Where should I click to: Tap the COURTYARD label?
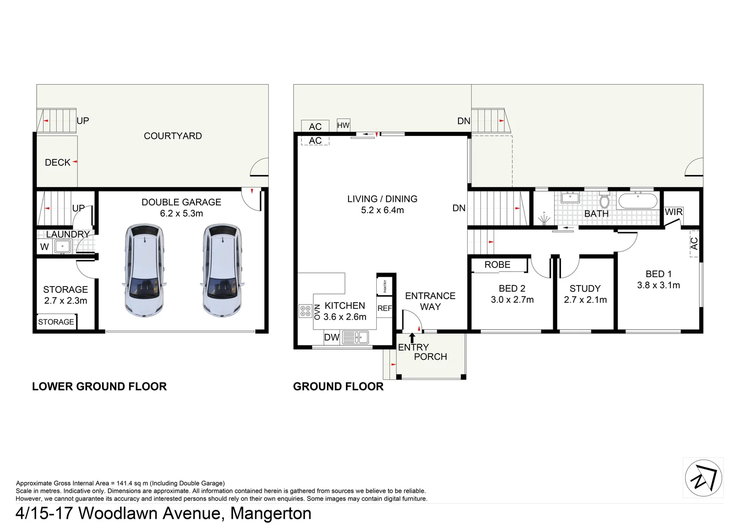click(173, 136)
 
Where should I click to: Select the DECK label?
click(58, 162)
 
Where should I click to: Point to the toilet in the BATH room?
click(604, 201)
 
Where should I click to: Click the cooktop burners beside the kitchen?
click(305, 311)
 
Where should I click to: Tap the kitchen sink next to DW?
click(355, 337)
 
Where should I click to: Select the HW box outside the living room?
click(343, 125)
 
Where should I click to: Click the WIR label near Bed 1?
click(673, 212)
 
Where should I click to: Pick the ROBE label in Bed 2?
click(497, 264)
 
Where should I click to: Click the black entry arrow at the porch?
click(412, 337)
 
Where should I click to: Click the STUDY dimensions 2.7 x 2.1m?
click(585, 300)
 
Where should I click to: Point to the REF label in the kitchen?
click(385, 308)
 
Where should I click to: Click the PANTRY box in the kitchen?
click(385, 286)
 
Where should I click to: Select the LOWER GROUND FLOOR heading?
click(99, 386)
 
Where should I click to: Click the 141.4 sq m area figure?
click(132, 483)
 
